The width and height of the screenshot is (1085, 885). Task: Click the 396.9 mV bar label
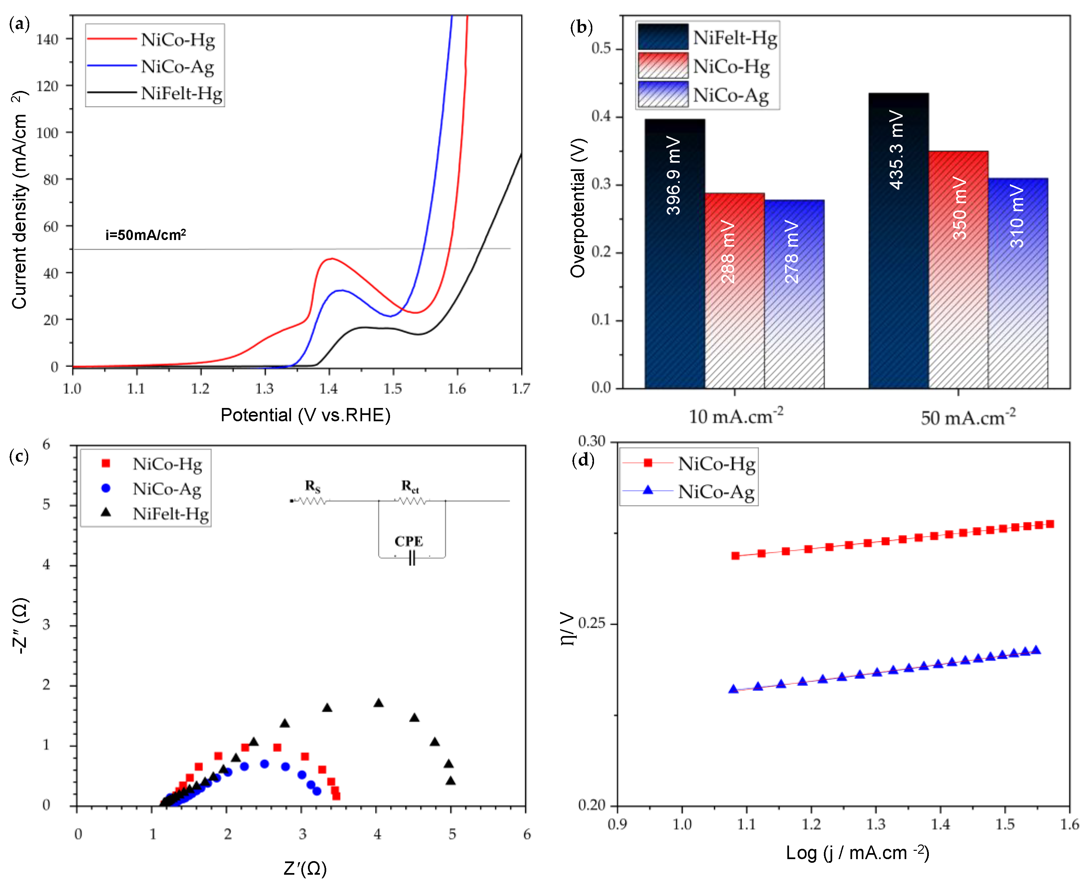(674, 176)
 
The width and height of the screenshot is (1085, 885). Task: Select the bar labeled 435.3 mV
(897, 150)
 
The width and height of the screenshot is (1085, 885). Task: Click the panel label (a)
(19, 24)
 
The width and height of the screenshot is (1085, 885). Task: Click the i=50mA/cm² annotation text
(146, 235)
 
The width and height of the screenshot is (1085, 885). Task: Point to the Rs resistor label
(313, 486)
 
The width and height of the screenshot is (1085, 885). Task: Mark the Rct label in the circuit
(410, 486)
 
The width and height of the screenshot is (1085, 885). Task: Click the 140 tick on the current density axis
(48, 39)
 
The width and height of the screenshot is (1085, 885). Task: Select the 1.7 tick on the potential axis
(520, 389)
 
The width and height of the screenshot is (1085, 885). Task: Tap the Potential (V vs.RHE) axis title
(305, 415)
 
